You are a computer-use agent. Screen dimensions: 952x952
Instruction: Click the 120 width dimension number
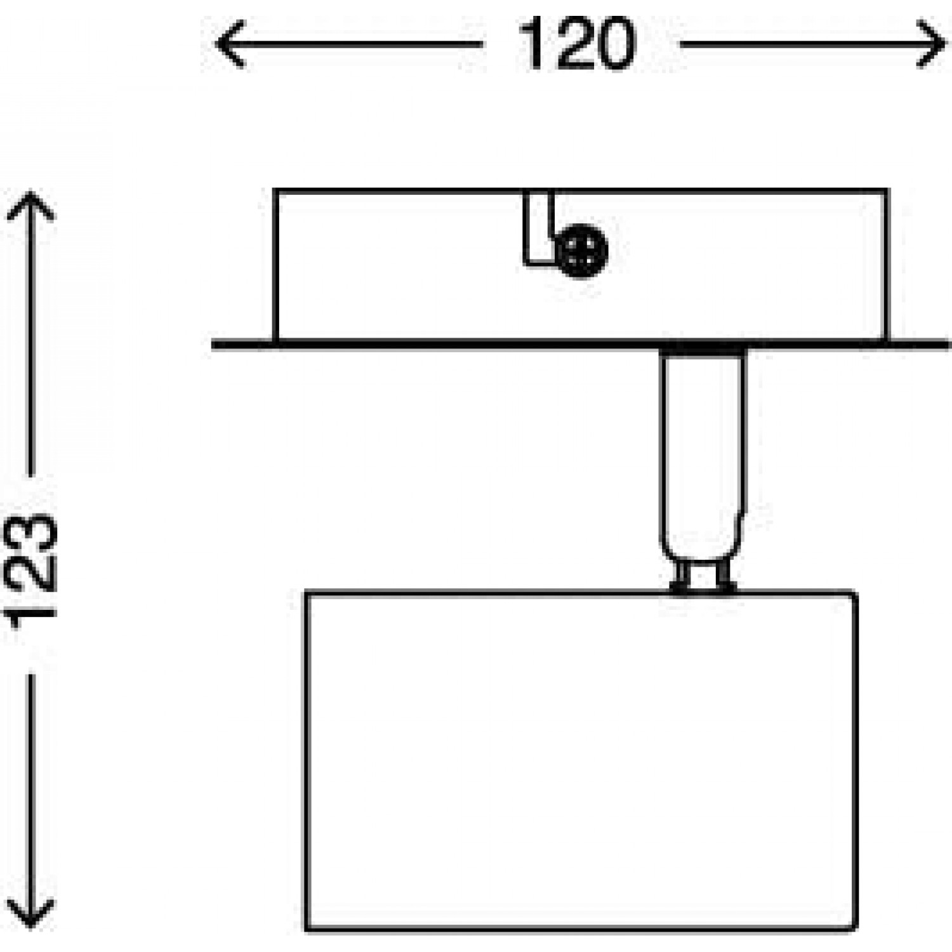coord(576,44)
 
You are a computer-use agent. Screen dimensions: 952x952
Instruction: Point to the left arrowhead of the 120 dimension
coord(228,44)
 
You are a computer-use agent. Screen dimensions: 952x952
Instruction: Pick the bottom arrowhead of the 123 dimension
coord(30,914)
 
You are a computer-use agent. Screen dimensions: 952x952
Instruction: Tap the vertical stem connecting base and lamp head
coord(702,457)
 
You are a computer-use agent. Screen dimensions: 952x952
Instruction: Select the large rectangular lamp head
coord(581,762)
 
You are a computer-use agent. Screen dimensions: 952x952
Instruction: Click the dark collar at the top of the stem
coord(702,351)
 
